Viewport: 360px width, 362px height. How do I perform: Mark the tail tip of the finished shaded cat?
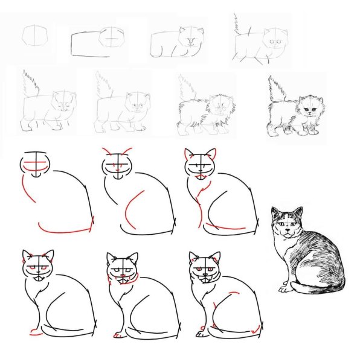[x=284, y=288]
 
